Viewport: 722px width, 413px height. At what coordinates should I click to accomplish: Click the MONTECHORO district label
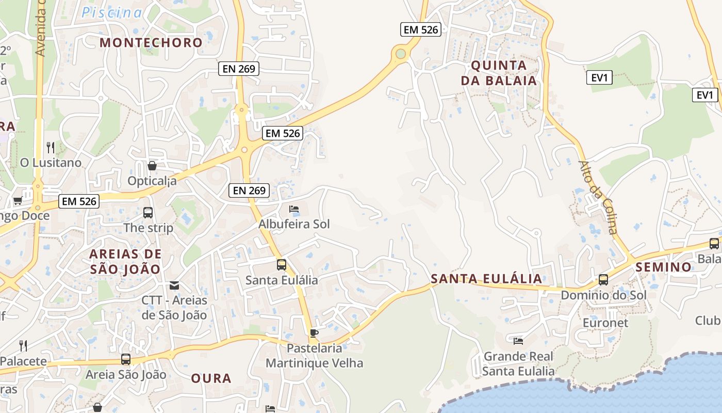point(151,43)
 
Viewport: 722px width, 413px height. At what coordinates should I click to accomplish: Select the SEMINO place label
point(663,267)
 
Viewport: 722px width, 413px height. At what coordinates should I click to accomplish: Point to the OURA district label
point(211,378)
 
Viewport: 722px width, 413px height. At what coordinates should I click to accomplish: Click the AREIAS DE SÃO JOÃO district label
point(125,261)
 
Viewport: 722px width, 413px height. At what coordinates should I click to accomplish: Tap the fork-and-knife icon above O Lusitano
point(51,148)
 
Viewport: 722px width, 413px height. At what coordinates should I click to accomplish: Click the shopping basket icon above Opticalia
point(152,166)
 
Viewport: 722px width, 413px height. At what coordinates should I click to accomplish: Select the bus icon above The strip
point(148,212)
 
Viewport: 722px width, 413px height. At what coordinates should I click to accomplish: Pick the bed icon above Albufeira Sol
point(294,209)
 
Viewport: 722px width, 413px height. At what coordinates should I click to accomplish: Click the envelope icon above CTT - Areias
point(174,285)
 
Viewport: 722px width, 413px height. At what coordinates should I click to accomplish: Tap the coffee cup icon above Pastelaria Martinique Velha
point(314,333)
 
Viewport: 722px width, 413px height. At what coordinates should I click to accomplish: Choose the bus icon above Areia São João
point(126,359)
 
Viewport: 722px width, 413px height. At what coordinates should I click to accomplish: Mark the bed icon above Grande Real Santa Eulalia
point(518,341)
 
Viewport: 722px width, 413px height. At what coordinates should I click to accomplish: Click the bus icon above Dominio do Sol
point(603,280)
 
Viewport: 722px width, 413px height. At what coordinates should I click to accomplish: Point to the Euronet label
point(605,323)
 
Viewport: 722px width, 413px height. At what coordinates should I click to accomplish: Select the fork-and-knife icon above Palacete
point(23,345)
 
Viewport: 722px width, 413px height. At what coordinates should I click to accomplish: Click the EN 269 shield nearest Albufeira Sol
point(249,190)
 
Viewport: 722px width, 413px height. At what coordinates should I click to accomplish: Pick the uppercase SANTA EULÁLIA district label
point(486,279)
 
